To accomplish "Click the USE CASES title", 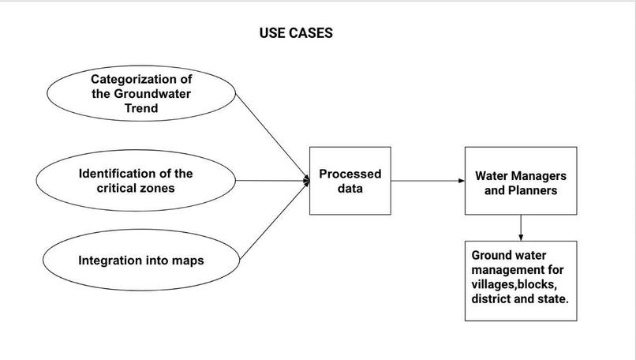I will click(296, 33).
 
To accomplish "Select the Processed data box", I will click(350, 181).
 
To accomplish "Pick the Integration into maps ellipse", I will click(140, 260).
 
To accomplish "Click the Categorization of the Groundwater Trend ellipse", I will click(141, 94).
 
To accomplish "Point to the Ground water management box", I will click(520, 281).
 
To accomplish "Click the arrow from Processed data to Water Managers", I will click(427, 181).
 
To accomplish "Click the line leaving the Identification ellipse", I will click(272, 181).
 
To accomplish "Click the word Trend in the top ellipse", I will click(141, 109).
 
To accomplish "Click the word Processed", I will click(350, 174).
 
